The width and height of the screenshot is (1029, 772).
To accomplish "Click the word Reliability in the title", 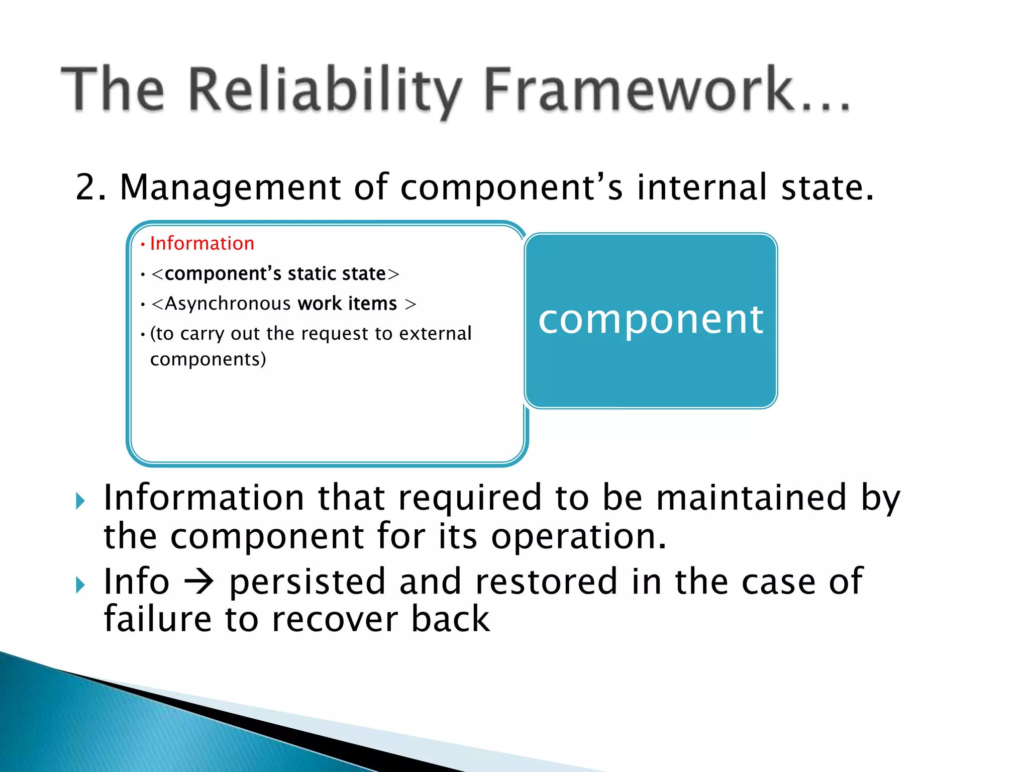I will coord(324,90).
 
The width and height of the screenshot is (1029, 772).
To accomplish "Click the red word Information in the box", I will coord(202,244).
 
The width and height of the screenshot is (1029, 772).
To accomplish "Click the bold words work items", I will coord(347,304).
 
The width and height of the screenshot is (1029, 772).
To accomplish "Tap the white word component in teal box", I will coord(651,320).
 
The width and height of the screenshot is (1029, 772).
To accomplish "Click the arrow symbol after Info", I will coord(199,583).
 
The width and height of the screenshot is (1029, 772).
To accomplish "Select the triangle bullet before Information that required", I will coord(80,501).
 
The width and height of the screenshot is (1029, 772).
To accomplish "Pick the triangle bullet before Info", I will coord(80,585).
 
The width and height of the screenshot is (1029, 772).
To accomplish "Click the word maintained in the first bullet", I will coord(751,498).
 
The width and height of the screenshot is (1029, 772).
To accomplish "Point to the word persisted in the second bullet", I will coord(307,582).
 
